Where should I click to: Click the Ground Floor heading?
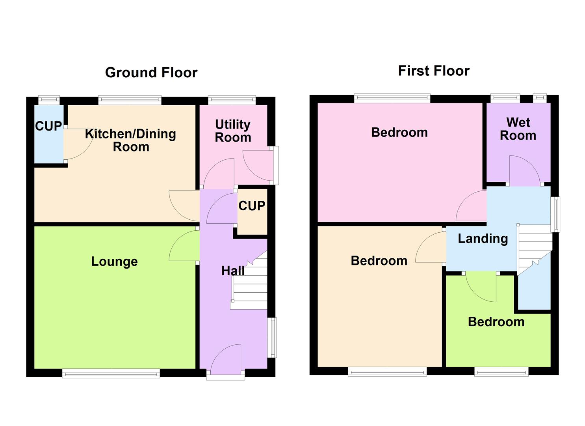click(x=151, y=73)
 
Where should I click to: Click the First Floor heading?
click(x=434, y=71)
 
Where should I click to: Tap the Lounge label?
click(x=114, y=262)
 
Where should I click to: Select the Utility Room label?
click(x=233, y=131)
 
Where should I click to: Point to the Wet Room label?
click(x=518, y=129)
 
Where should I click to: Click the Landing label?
click(x=483, y=239)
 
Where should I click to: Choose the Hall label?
click(x=232, y=271)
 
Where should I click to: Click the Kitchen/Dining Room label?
click(x=131, y=140)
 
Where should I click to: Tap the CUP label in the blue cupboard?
click(x=48, y=126)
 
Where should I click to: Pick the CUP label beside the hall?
click(x=252, y=206)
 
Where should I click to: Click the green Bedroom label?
click(x=496, y=322)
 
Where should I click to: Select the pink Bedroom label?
click(x=399, y=133)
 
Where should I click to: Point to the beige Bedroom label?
click(x=379, y=261)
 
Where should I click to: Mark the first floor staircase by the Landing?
click(x=534, y=247)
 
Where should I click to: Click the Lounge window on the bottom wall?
click(x=111, y=373)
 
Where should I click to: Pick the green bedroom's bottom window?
click(x=501, y=371)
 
